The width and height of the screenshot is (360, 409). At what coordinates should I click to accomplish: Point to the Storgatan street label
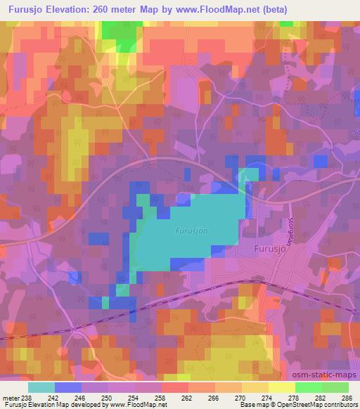tap(292, 229)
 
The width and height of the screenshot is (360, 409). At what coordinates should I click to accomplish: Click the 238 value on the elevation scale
tap(28, 398)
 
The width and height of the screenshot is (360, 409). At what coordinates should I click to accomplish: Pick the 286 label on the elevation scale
tap(347, 398)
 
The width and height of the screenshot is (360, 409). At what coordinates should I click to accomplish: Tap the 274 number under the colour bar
tap(267, 398)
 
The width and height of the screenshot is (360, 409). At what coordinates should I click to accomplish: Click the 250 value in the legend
tap(108, 398)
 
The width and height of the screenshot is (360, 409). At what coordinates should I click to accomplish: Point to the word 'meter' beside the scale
tap(11, 398)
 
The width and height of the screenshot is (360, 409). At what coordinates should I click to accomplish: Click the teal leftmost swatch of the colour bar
tap(41, 387)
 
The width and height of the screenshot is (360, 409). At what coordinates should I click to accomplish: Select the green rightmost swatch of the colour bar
tap(335, 387)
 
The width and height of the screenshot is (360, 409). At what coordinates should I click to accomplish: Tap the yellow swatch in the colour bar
tap(281, 387)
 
